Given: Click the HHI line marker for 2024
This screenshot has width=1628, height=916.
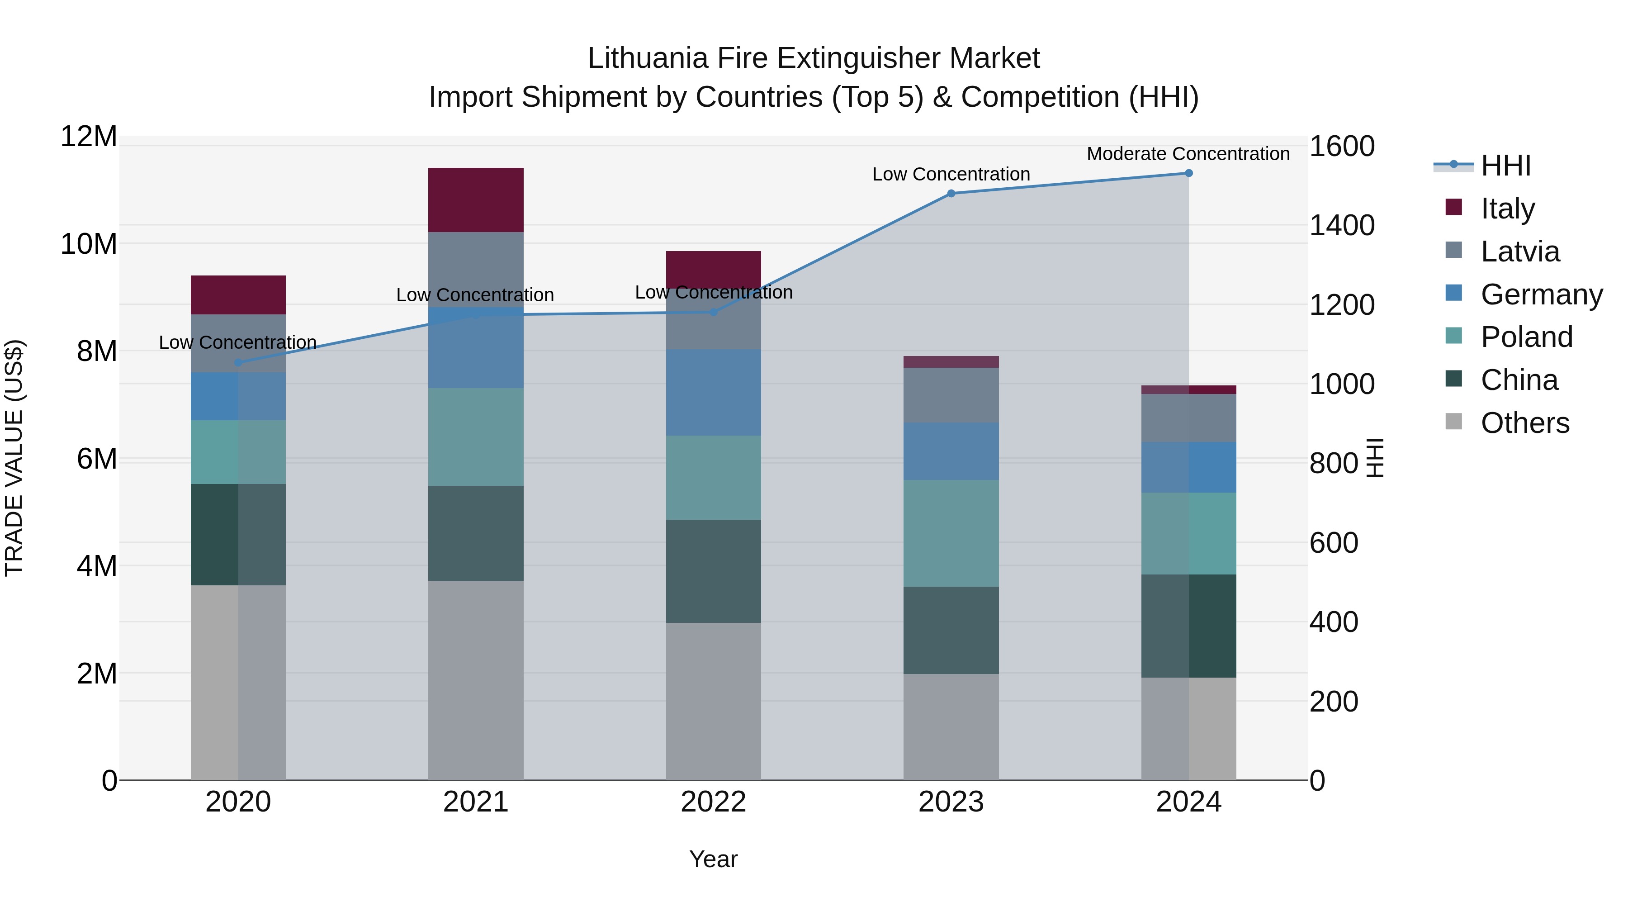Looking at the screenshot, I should click(x=1188, y=173).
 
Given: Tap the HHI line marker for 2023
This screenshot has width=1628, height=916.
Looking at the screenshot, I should click(x=951, y=194).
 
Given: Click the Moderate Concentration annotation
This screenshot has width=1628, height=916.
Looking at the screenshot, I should click(x=1188, y=154).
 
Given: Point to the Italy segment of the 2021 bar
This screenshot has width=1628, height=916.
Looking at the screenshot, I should click(x=475, y=200).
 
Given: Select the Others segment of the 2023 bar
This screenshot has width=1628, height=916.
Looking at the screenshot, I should click(x=951, y=727).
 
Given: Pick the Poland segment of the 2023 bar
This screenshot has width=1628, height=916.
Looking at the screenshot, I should click(x=951, y=533).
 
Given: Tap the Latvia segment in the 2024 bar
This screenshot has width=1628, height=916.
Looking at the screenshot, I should click(x=1188, y=418).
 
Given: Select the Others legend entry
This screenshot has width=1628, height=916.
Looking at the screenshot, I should click(x=1524, y=423).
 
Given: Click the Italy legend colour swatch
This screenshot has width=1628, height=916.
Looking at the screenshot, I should click(x=1453, y=207).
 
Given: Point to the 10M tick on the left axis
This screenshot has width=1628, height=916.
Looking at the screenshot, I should click(x=89, y=244).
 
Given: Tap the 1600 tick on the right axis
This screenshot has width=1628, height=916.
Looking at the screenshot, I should click(x=1341, y=147).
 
